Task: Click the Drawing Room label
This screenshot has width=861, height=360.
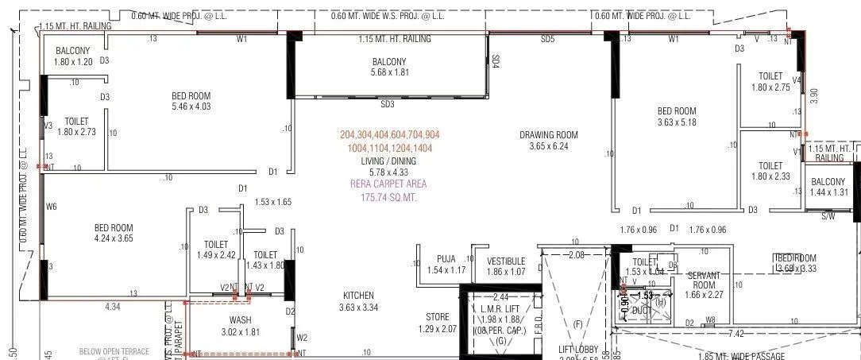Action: tap(548, 134)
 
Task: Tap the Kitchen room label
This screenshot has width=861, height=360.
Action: tap(356, 295)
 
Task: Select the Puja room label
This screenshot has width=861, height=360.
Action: tap(446, 258)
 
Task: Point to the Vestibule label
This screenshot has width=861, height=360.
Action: tap(506, 261)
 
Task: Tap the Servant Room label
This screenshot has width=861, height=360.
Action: tap(704, 280)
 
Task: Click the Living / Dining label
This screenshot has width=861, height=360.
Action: tap(384, 161)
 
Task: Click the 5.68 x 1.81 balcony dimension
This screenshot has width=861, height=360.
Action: tap(389, 72)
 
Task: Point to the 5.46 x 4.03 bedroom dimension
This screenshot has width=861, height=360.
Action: tap(191, 106)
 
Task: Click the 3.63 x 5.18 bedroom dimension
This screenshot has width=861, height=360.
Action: tap(677, 122)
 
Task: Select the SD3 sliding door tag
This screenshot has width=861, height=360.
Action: tap(388, 104)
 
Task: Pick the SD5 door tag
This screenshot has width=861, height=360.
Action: tap(548, 39)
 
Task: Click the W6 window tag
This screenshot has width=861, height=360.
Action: tap(52, 207)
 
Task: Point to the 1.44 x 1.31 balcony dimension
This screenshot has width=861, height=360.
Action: tap(828, 192)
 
